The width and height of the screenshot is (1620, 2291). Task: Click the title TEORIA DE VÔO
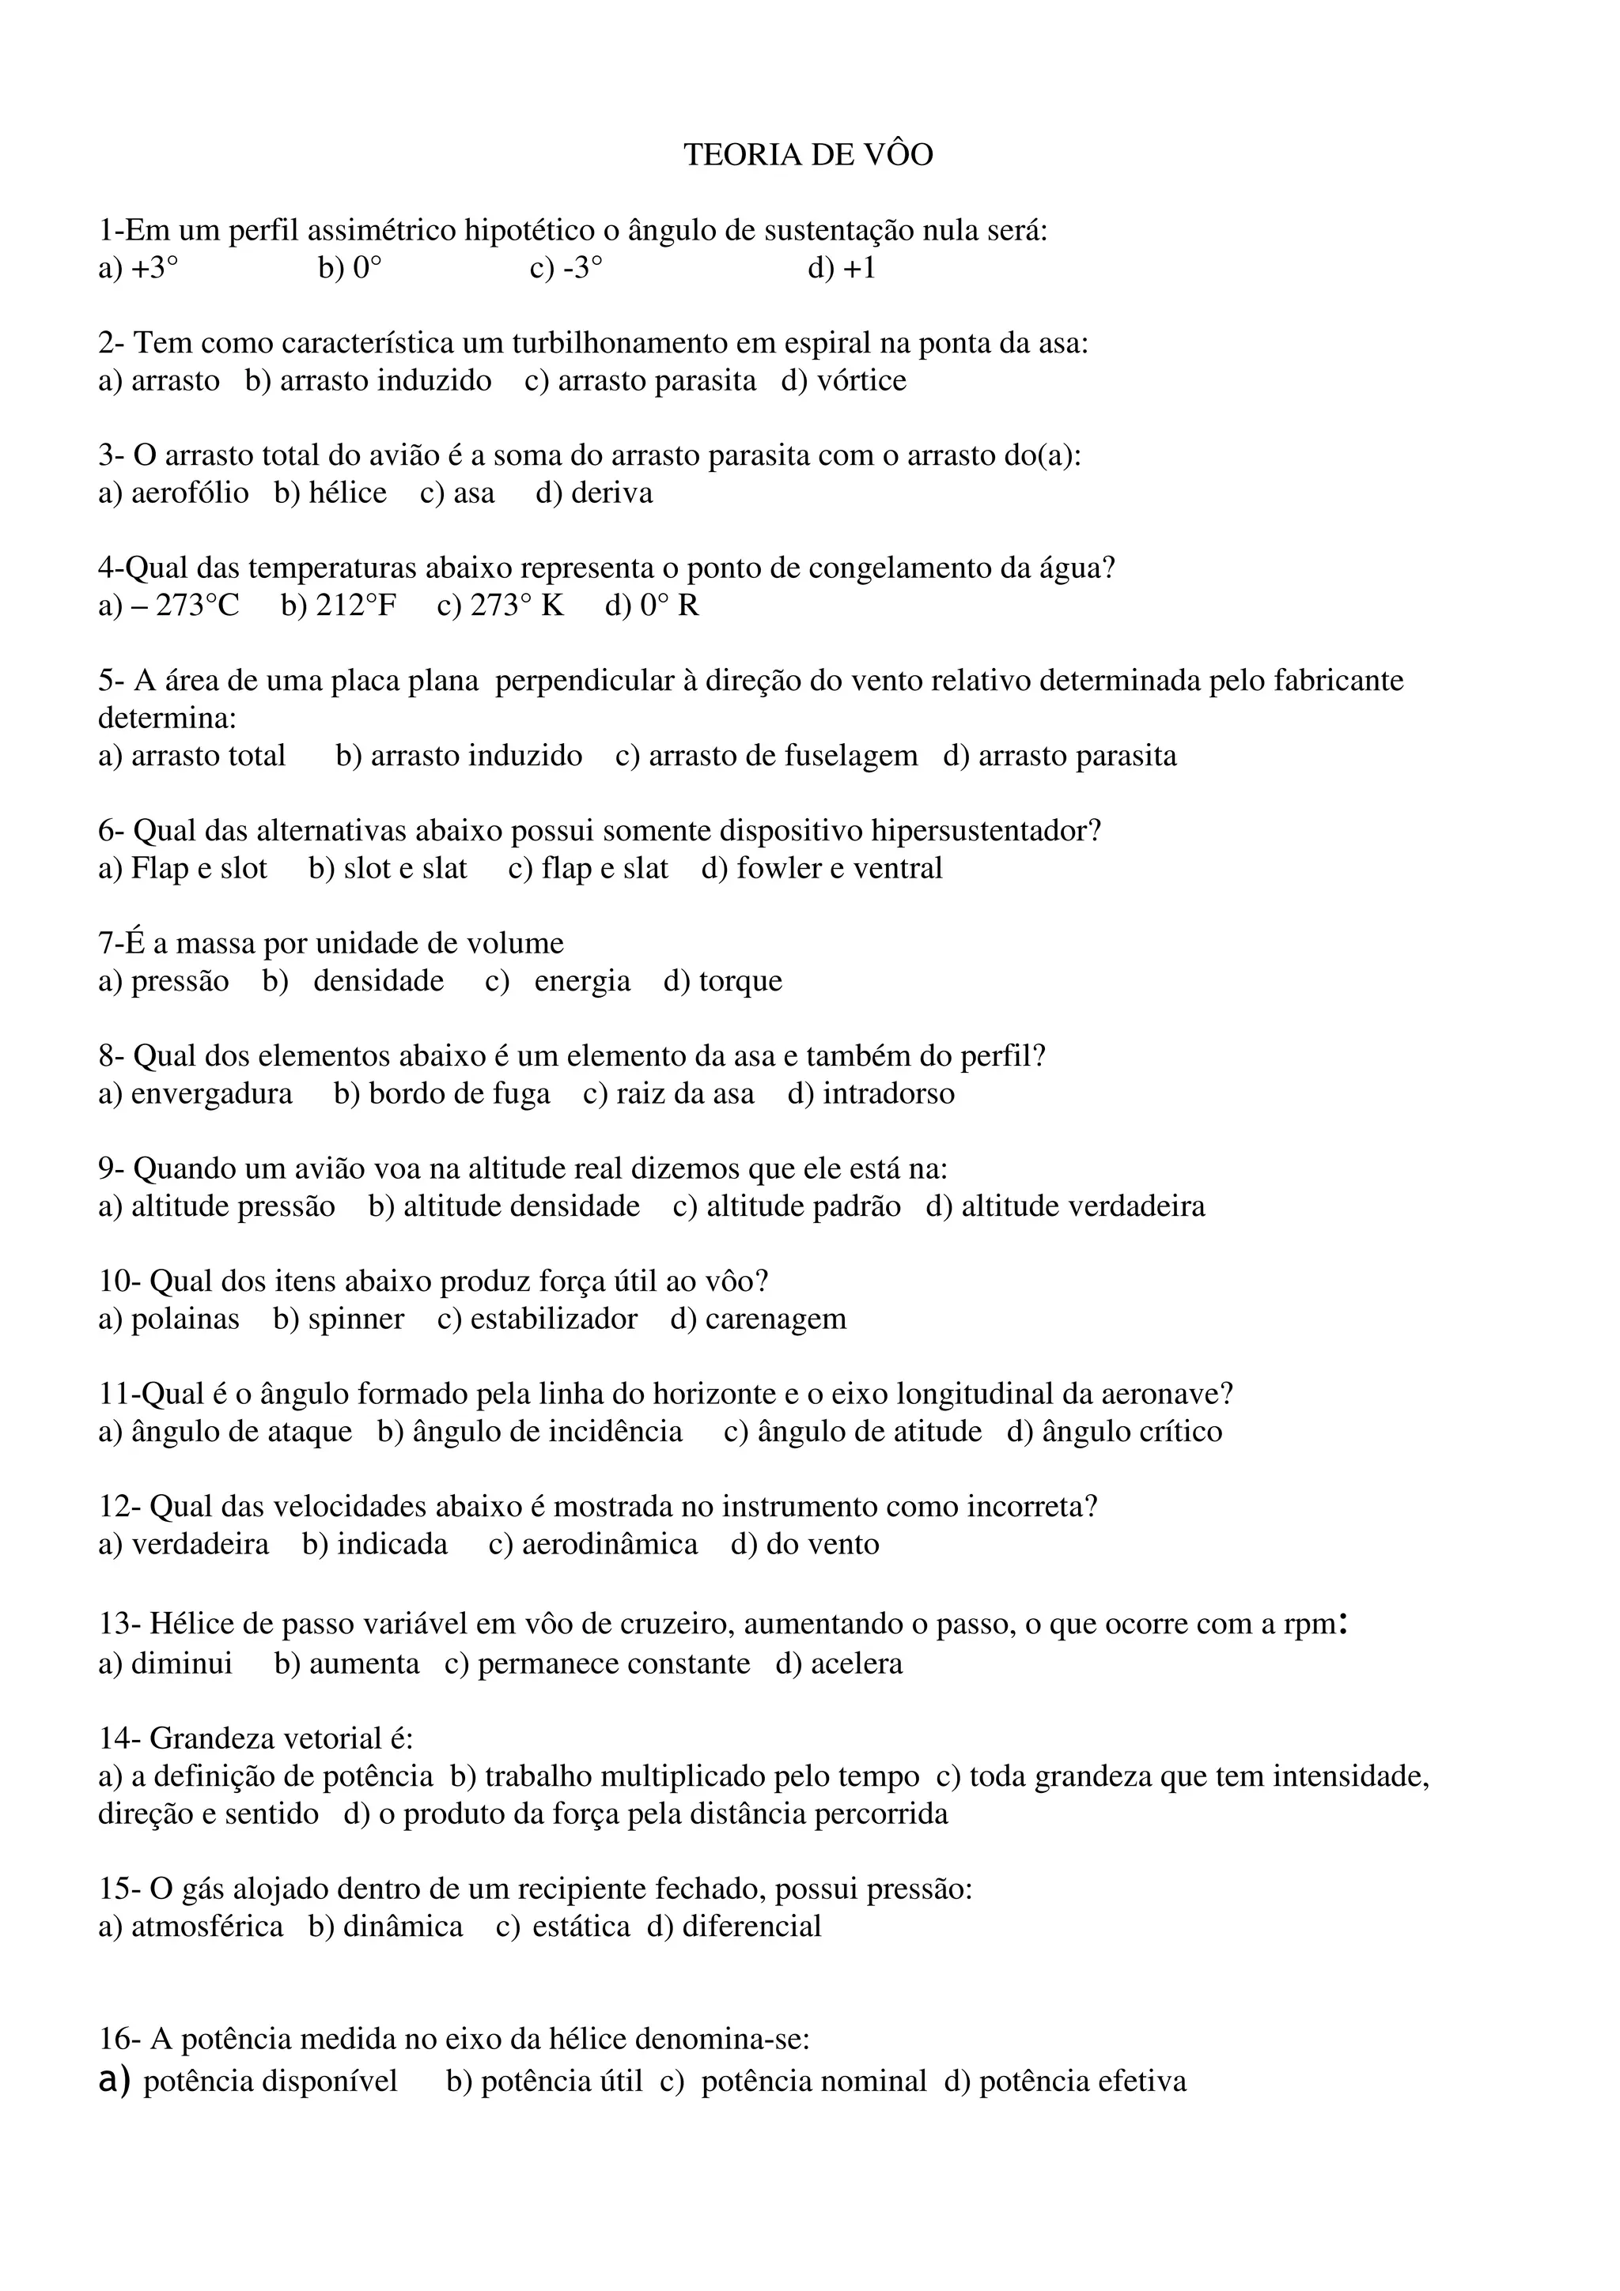808,155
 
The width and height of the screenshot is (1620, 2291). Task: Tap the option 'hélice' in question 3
346,493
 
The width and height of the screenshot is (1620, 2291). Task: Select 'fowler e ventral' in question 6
838,868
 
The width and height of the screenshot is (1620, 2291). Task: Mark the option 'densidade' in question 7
378,981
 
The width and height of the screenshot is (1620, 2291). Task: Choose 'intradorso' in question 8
888,1093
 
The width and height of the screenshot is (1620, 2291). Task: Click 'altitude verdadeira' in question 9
1082,1206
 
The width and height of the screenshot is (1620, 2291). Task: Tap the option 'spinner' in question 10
355,1319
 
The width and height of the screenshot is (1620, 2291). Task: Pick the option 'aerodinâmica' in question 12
609,1545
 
